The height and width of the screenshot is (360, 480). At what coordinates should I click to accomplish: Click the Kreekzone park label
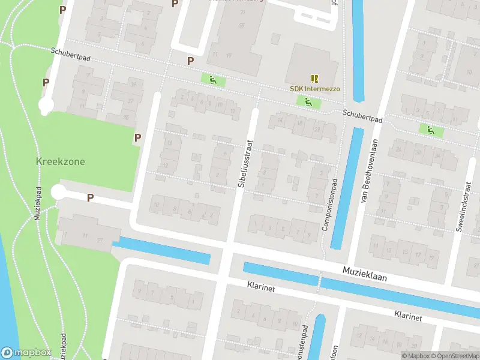(x=61, y=162)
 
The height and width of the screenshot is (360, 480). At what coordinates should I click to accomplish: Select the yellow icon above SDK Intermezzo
(x=314, y=78)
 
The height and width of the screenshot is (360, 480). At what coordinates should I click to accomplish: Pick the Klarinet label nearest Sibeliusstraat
(x=260, y=288)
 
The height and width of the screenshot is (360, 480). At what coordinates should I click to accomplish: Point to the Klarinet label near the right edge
(x=408, y=315)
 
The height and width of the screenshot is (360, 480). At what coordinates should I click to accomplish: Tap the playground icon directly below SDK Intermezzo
(x=308, y=103)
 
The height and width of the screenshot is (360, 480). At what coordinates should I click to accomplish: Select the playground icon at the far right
(x=430, y=129)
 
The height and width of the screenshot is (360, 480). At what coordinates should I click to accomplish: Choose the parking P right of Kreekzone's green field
(x=137, y=138)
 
